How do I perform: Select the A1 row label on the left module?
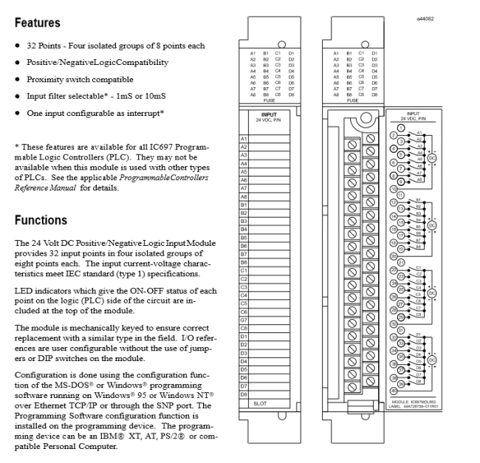coord(244,140)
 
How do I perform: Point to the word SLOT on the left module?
coord(259,403)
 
